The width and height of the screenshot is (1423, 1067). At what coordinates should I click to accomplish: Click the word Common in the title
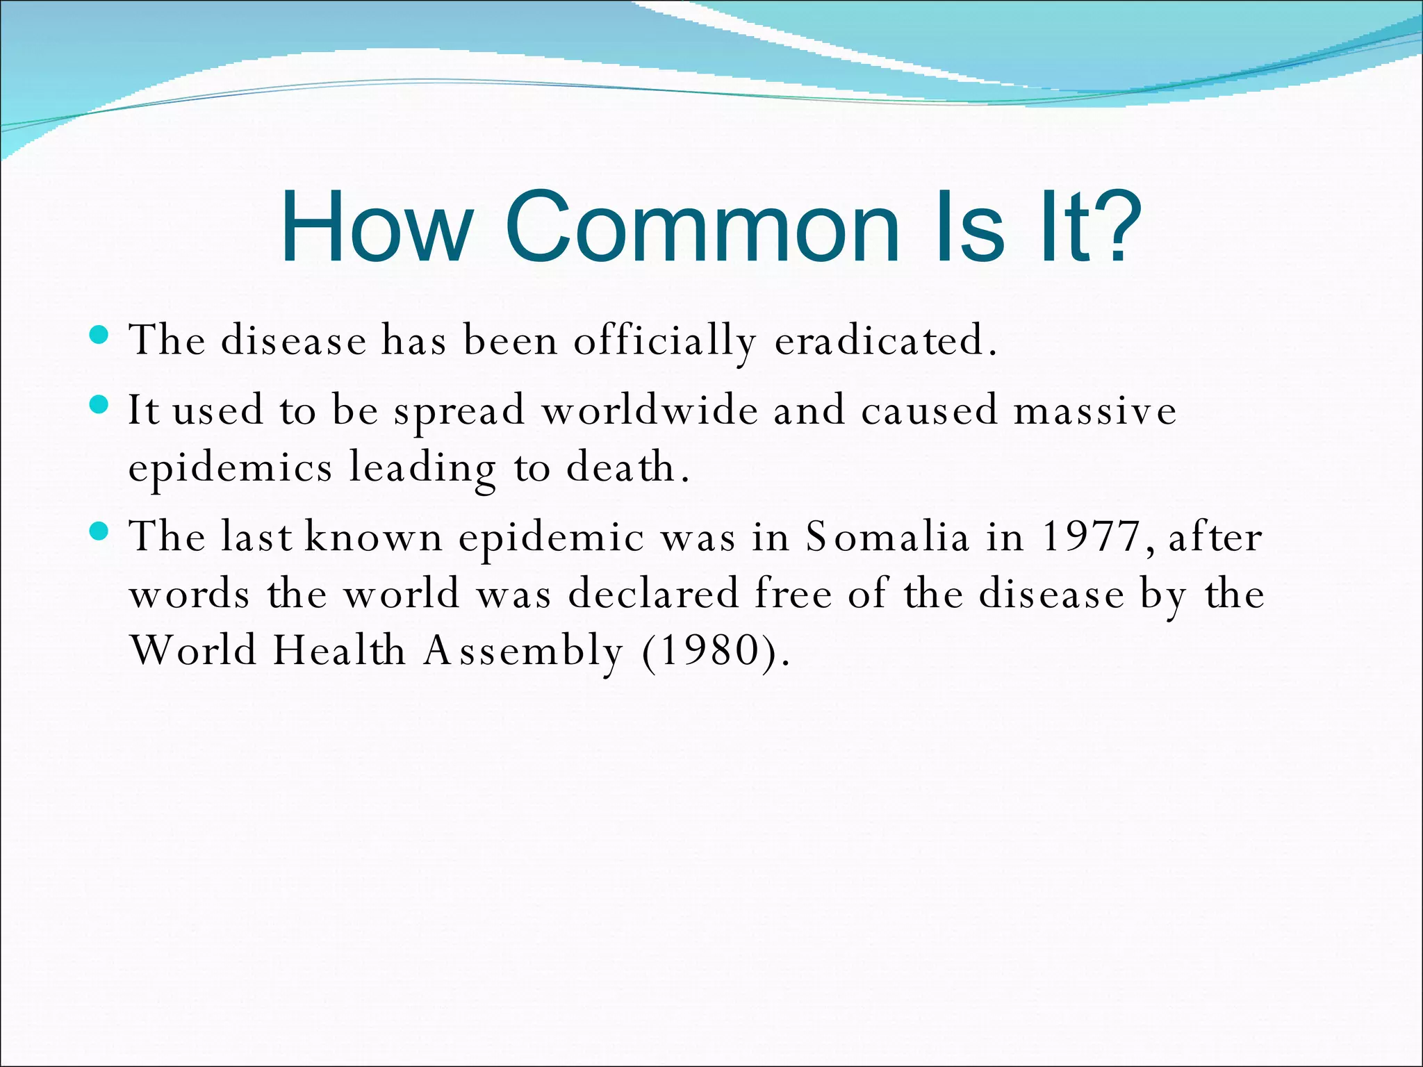click(702, 227)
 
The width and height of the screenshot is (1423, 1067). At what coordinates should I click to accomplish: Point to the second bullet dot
click(100, 405)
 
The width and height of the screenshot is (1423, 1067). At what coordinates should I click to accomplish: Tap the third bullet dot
click(100, 532)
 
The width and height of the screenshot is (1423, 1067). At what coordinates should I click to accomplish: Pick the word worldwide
click(650, 410)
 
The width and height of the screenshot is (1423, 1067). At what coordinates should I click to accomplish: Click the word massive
click(1095, 411)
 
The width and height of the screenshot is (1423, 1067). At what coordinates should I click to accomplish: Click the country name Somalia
click(887, 537)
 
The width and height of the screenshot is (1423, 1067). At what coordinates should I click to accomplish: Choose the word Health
click(339, 651)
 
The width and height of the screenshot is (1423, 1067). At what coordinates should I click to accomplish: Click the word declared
click(653, 595)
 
